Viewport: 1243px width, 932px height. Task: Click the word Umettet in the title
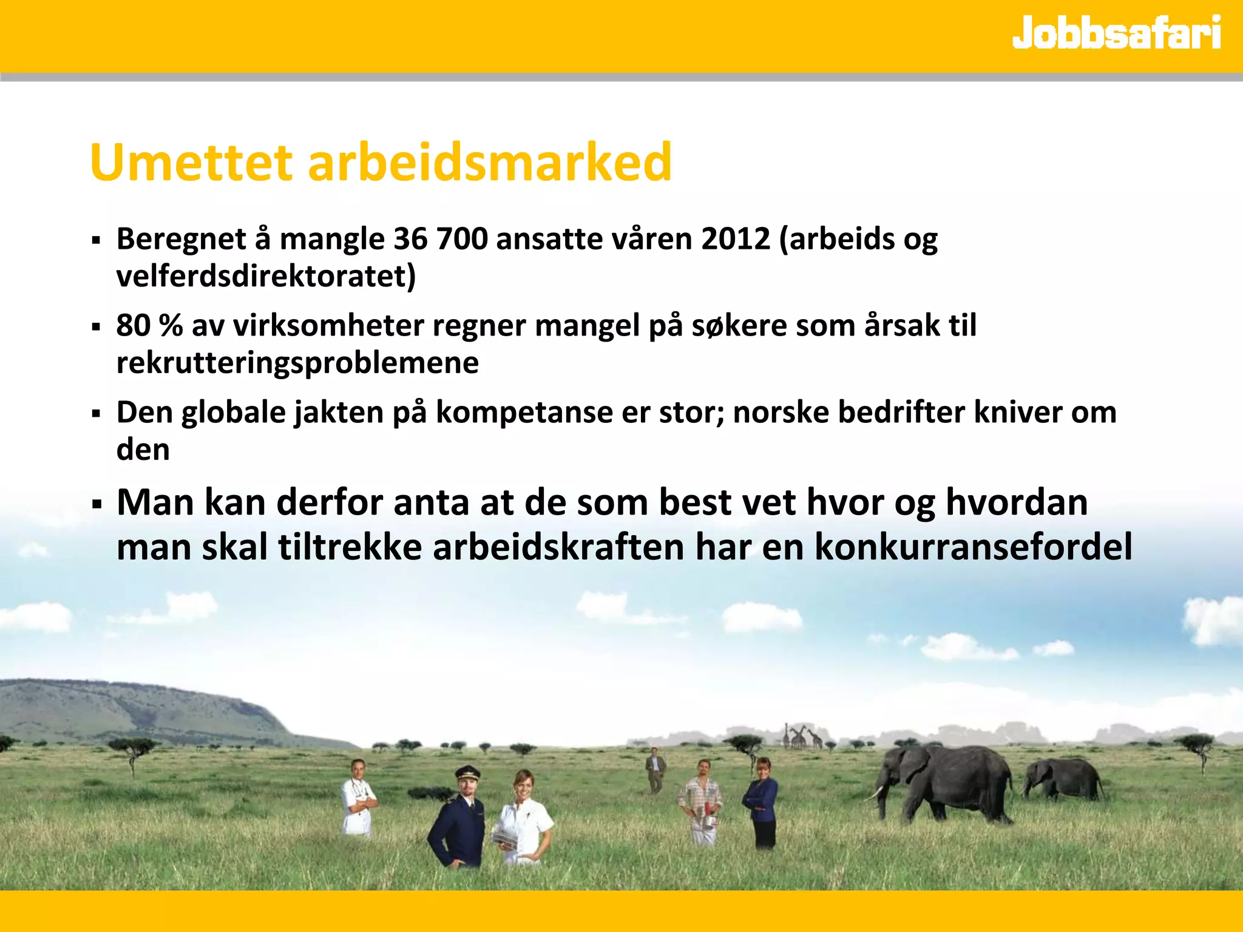[x=191, y=163]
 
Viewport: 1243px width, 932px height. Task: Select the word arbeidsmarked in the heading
[x=489, y=163]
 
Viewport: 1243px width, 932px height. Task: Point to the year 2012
[x=735, y=238]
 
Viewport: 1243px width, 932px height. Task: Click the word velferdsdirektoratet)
[x=266, y=276]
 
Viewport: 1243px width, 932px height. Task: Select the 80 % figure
[x=149, y=325]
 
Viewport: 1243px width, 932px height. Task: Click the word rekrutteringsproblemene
[x=297, y=363]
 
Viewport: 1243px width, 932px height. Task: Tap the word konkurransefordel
[x=972, y=546]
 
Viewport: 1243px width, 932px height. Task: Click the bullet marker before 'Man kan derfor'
[x=96, y=504]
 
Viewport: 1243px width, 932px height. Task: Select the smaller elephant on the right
[x=1062, y=780]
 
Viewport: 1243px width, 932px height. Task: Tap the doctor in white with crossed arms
[x=358, y=798]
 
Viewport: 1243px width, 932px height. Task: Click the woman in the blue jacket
[x=761, y=801]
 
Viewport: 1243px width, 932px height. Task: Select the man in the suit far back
[x=655, y=769]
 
